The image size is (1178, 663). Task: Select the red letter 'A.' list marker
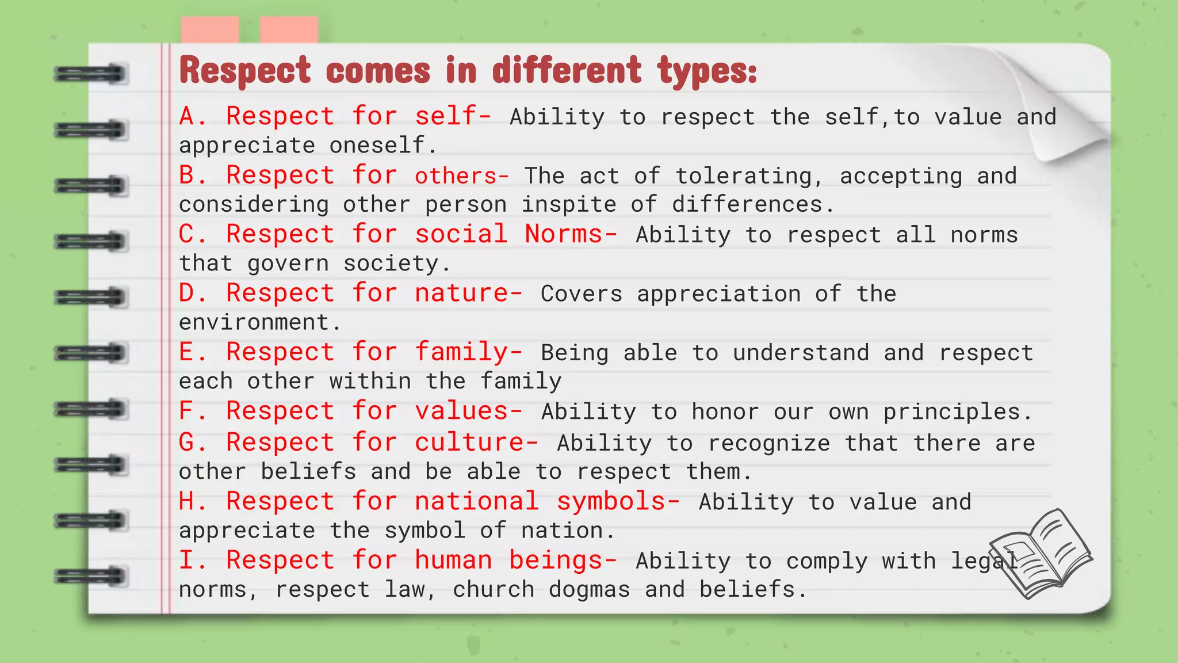pyautogui.click(x=193, y=116)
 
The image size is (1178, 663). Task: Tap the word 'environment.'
pyautogui.click(x=260, y=322)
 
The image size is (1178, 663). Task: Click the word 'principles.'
pyautogui.click(x=958, y=412)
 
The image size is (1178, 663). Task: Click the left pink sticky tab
pyautogui.click(x=209, y=30)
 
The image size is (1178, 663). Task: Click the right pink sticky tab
pyautogui.click(x=288, y=30)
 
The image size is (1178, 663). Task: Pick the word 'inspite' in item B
pyautogui.click(x=568, y=205)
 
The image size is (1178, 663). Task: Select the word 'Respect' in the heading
pyautogui.click(x=246, y=71)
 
